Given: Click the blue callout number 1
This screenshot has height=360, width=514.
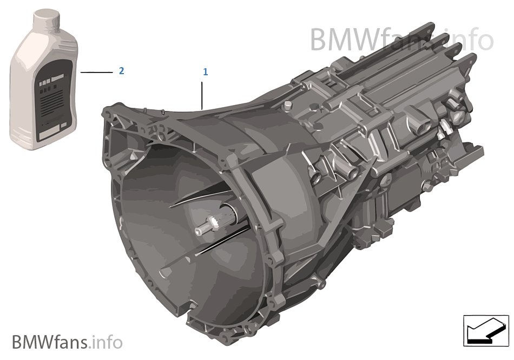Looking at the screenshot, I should (205, 71).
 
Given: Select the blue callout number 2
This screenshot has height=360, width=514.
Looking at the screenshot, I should (122, 71).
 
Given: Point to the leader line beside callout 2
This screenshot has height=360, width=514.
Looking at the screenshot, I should (96, 71).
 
